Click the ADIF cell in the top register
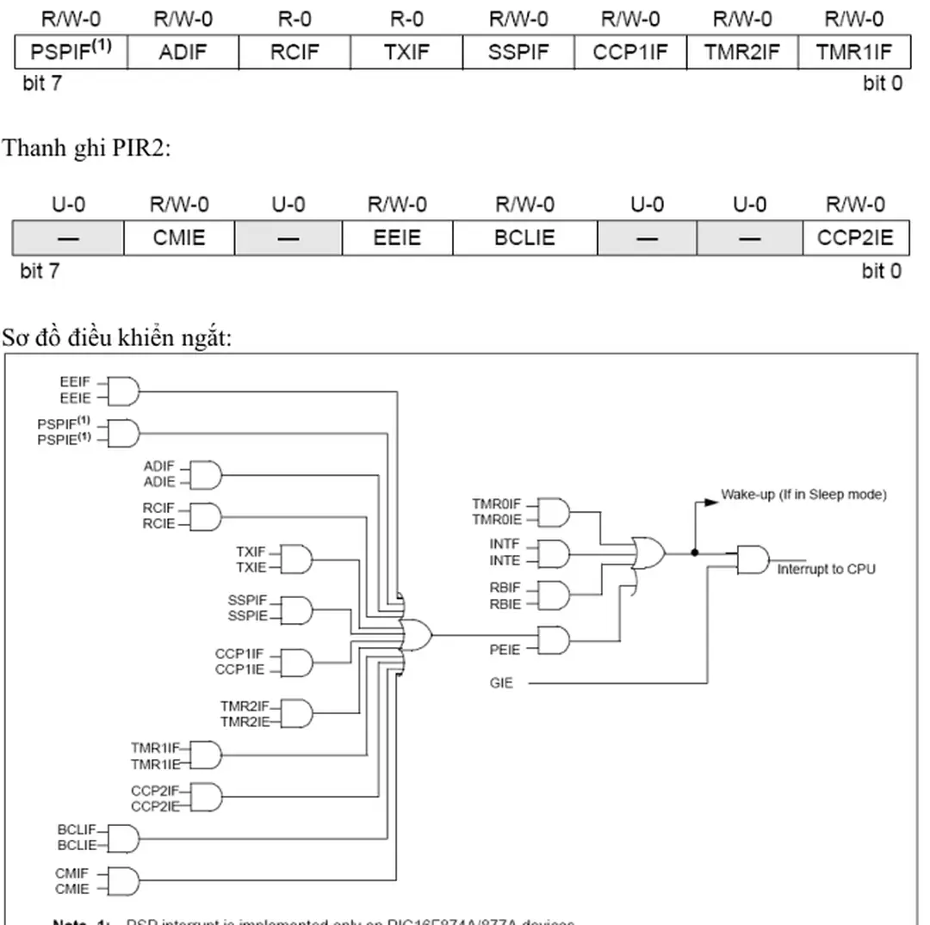[x=183, y=52]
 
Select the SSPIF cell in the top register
[x=518, y=52]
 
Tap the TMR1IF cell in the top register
[x=854, y=52]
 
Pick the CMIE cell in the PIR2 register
[x=179, y=237]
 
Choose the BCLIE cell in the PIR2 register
[x=524, y=237]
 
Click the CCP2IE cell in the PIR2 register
[x=856, y=237]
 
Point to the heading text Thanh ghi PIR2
[x=86, y=148]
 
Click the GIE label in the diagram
[x=500, y=683]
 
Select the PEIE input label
[x=505, y=650]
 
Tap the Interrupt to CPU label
[x=826, y=570]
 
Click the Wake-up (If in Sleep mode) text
[x=803, y=495]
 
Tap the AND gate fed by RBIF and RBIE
[x=554, y=595]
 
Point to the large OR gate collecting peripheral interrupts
[x=418, y=636]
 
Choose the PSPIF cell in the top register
[x=71, y=52]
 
